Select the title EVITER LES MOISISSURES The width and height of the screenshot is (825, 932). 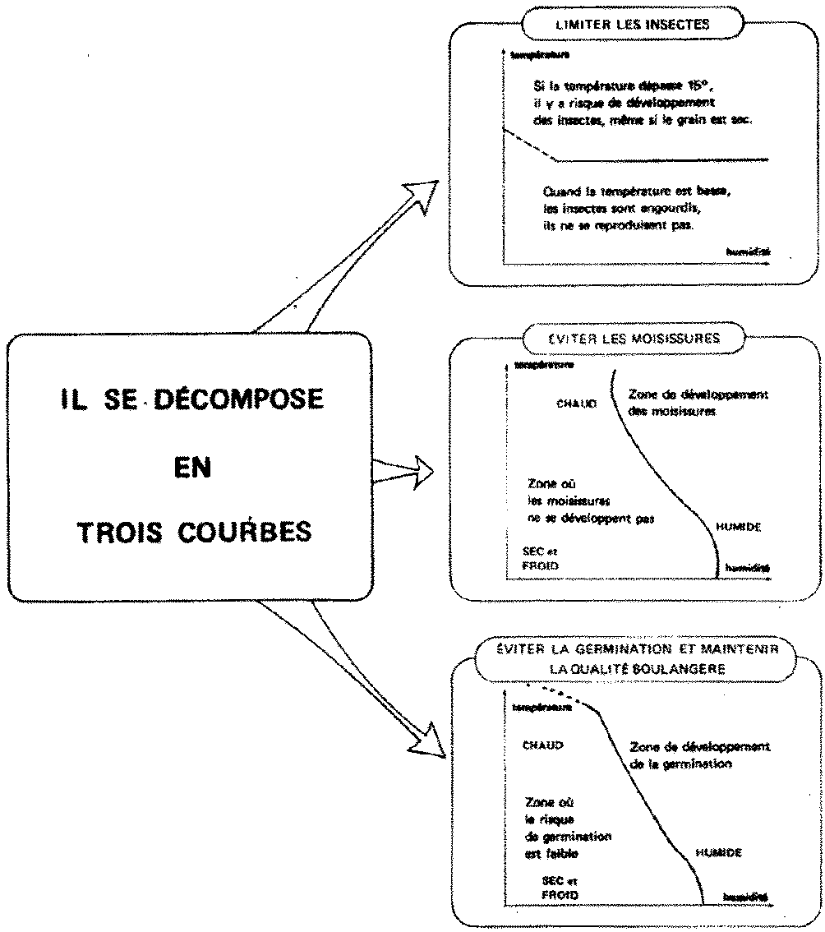(x=633, y=337)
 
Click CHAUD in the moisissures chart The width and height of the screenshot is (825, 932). (x=577, y=404)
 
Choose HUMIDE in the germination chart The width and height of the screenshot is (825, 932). (x=718, y=852)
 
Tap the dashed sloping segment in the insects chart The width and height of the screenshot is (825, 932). (x=529, y=145)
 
